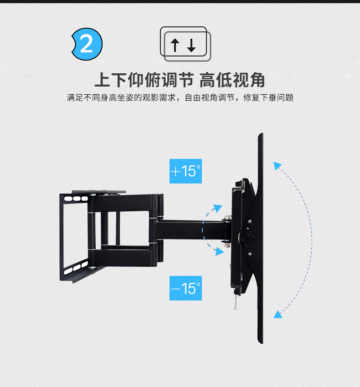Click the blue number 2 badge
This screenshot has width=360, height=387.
click(x=86, y=44)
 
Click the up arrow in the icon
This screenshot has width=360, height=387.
click(x=175, y=45)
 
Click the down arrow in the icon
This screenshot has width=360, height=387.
click(x=191, y=45)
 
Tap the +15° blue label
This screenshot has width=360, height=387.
click(x=185, y=171)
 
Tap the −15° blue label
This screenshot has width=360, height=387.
click(x=185, y=288)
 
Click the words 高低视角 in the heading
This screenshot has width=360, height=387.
click(x=232, y=81)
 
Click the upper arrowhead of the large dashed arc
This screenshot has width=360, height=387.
click(x=277, y=165)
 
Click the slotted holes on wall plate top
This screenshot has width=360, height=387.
click(x=75, y=199)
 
